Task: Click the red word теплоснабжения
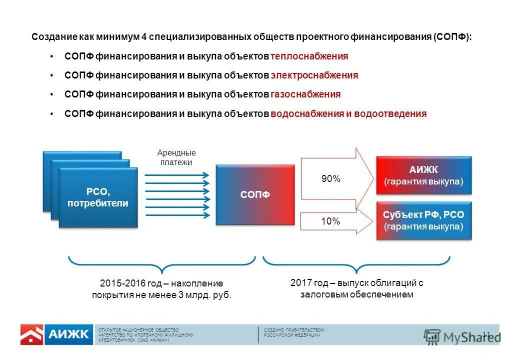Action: pos(309,56)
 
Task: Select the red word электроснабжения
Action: pos(314,75)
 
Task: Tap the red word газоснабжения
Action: pos(305,94)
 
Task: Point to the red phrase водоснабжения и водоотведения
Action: pos(348,114)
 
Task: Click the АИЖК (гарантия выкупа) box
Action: pos(423,175)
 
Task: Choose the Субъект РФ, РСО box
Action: pos(423,220)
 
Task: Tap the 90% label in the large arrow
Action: pos(330,179)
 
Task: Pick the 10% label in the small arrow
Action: pos(330,221)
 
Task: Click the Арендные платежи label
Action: pos(176,157)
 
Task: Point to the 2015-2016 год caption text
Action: pos(161,289)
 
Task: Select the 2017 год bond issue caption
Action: pos(356,288)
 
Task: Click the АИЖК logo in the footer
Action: pos(68,334)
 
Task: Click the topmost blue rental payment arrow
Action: pos(176,175)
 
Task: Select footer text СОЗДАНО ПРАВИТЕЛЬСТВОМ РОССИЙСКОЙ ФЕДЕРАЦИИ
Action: pos(294,332)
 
